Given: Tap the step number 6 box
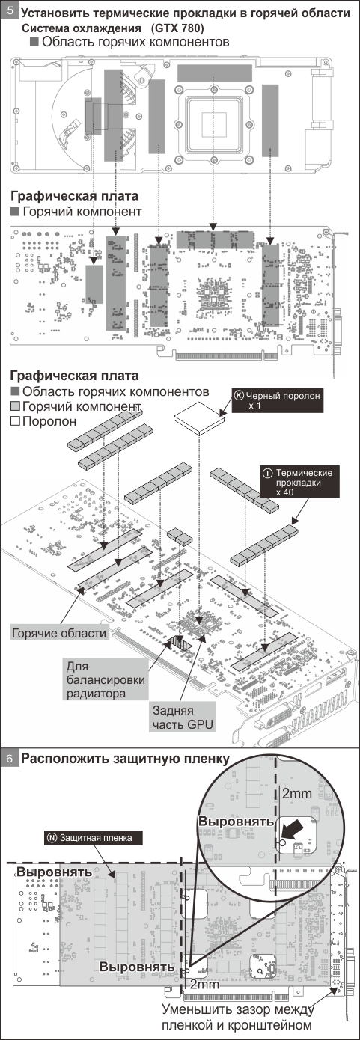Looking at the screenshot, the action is coord(10,758).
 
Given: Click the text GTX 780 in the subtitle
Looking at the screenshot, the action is coord(177,28).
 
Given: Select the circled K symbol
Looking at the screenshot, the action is coord(239,396).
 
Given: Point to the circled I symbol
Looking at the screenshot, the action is coord(267,474).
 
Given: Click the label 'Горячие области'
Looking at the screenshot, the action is coord(59,633).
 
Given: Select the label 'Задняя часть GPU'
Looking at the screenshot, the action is coord(183,718).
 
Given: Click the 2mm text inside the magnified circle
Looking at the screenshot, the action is coord(297,793).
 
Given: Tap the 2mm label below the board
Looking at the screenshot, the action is coord(205,983).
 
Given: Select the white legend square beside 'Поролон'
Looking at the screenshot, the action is coord(15,421).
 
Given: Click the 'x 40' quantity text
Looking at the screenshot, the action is coord(284,492).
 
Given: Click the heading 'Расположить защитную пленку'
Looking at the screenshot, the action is coord(126,759).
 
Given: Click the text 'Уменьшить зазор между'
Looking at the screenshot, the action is coord(238,1008).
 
